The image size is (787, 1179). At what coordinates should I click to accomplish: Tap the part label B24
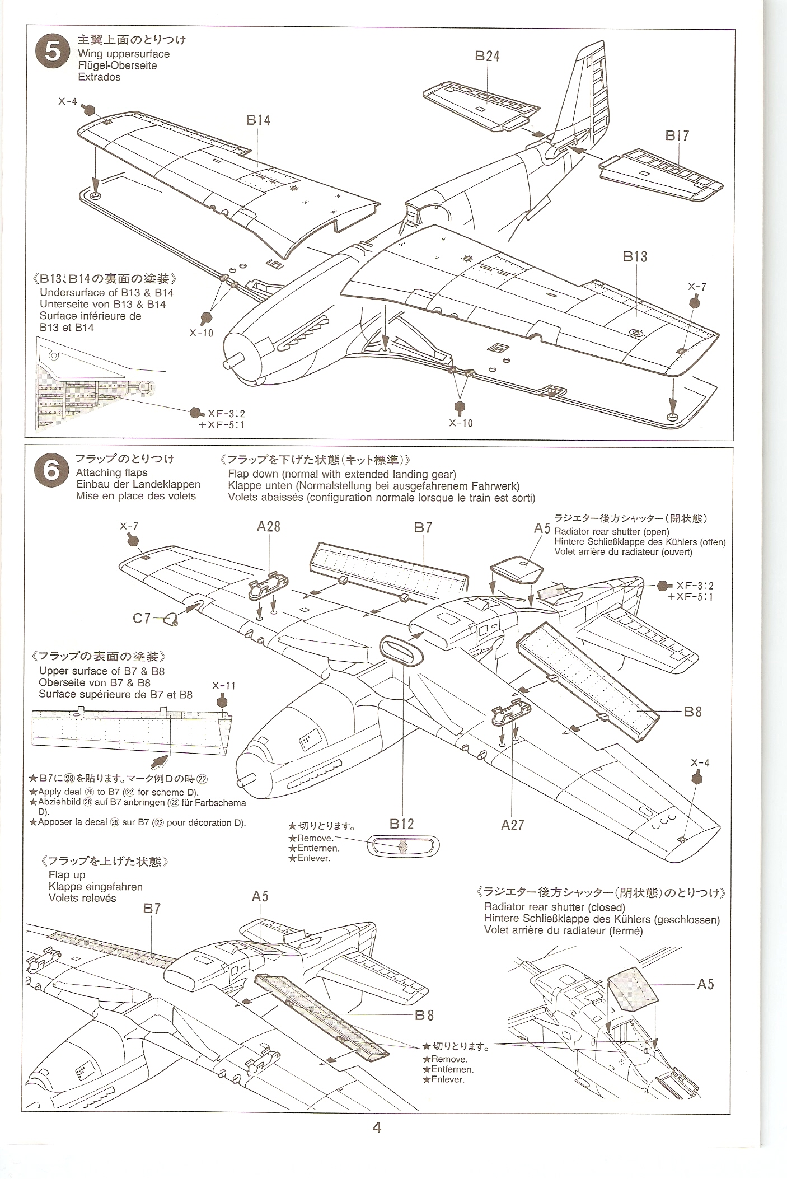(x=487, y=56)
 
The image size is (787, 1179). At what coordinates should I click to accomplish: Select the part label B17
(x=677, y=135)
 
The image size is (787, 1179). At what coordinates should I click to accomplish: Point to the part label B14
(x=258, y=120)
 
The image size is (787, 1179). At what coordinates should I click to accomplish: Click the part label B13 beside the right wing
(x=635, y=256)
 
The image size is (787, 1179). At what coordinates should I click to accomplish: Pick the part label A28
(x=269, y=527)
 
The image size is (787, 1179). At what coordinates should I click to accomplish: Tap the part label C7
(x=141, y=618)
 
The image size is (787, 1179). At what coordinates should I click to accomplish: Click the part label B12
(x=402, y=824)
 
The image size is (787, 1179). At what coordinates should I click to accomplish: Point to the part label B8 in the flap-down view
(x=692, y=712)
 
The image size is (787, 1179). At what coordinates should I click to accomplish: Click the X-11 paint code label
(x=223, y=686)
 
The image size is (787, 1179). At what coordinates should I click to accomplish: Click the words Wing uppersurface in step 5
(x=124, y=54)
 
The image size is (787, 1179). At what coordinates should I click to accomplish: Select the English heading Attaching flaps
(x=111, y=472)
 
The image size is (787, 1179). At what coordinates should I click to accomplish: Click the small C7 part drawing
(x=170, y=619)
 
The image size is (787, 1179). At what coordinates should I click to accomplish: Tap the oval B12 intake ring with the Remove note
(x=402, y=847)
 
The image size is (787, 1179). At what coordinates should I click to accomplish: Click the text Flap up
(x=67, y=875)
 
